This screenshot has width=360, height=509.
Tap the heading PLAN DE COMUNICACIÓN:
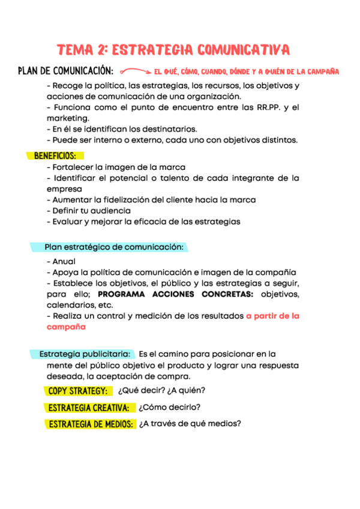click(66, 71)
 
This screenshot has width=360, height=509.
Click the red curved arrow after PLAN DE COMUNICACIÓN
click(134, 71)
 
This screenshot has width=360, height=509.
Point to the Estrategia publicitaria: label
click(84, 354)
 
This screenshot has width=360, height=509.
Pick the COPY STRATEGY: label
click(79, 391)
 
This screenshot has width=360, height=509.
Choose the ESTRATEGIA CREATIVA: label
click(89, 408)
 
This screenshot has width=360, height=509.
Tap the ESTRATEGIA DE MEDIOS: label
click(91, 424)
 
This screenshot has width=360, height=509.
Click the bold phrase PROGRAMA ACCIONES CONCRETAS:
click(176, 294)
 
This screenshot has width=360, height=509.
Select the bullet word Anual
click(64, 262)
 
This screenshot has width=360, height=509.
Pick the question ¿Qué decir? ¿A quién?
click(161, 390)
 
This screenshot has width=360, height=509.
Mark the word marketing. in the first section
click(68, 118)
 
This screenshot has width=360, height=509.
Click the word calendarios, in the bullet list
click(69, 305)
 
